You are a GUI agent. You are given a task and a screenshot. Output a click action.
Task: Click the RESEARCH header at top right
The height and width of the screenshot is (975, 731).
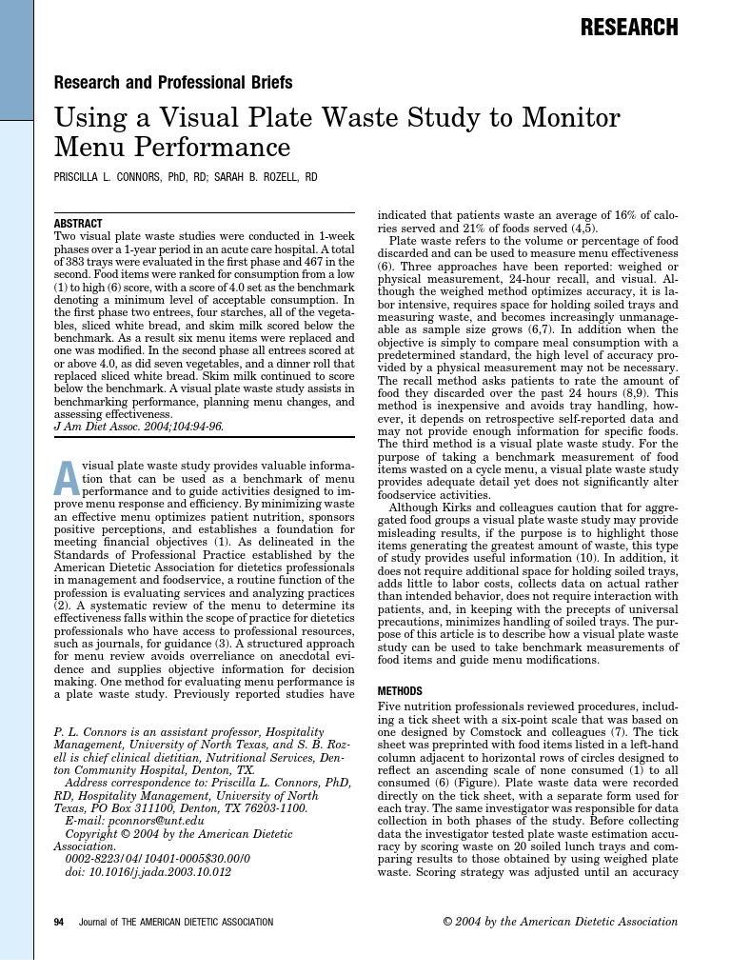629,28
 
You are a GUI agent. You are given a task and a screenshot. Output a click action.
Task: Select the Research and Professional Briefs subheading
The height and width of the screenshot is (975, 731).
173,83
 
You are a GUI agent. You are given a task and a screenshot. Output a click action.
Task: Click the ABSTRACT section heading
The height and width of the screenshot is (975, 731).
79,223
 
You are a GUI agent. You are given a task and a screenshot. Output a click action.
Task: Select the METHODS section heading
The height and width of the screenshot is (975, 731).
405,691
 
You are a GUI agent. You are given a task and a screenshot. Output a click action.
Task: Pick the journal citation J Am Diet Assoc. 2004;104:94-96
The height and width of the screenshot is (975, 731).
139,427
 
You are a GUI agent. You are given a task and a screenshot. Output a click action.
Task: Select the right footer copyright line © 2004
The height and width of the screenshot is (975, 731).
561,922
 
